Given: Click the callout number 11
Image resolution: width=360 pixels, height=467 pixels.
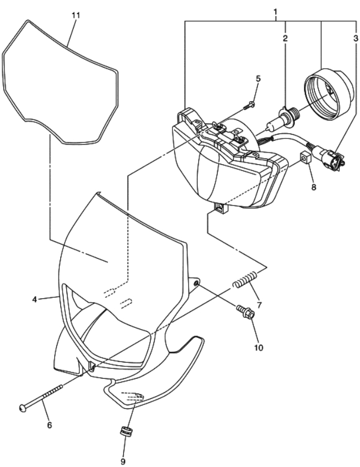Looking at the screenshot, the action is click(x=76, y=15).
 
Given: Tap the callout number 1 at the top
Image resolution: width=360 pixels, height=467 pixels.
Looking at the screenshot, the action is click(x=275, y=12).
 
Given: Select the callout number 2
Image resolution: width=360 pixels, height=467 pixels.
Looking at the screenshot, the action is click(x=285, y=38).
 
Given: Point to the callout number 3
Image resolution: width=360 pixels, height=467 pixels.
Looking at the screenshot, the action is click(x=356, y=38).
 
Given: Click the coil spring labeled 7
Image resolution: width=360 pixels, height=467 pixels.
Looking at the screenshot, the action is click(x=244, y=280).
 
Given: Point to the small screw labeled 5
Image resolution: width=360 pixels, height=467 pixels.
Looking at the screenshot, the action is click(x=248, y=106).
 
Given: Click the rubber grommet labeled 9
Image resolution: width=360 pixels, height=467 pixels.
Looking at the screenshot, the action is click(x=125, y=432).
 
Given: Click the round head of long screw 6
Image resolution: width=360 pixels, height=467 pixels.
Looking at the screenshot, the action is click(x=23, y=408).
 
